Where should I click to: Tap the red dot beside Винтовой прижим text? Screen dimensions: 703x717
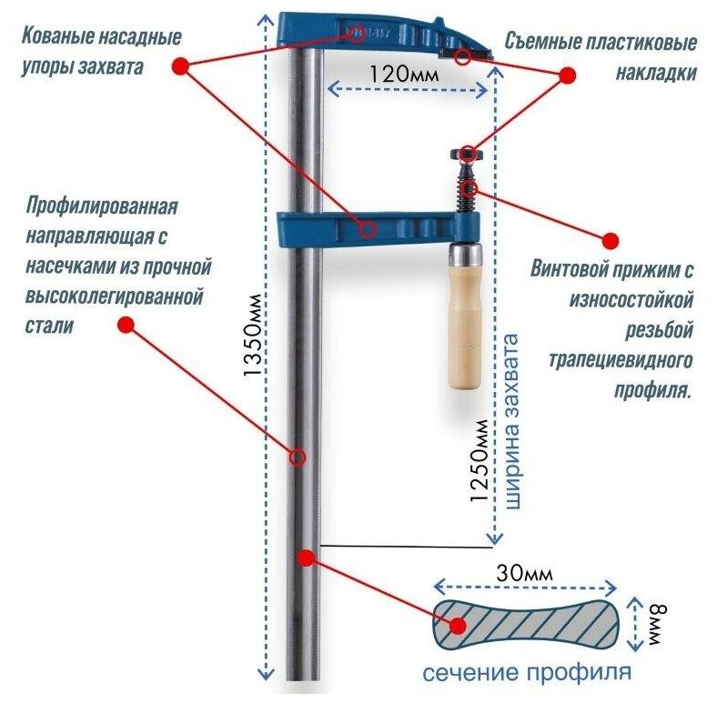tap(611, 240)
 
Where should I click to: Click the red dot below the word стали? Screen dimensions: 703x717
tap(126, 324)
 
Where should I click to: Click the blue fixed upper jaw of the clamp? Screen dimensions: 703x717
tap(382, 37)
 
